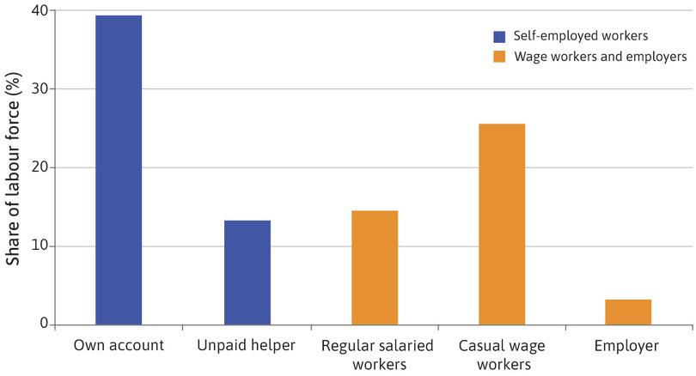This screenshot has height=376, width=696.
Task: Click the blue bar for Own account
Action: click(x=119, y=171)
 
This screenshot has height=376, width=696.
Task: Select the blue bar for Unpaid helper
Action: click(x=247, y=273)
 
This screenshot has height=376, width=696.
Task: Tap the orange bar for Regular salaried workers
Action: click(x=375, y=268)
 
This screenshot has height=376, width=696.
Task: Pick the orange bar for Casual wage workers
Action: click(x=502, y=225)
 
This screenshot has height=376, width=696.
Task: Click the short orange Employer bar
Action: click(x=628, y=312)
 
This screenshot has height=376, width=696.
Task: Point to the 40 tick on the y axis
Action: click(x=38, y=10)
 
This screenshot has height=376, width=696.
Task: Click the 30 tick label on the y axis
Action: click(x=38, y=89)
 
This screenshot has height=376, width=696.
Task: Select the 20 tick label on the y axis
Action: click(x=38, y=167)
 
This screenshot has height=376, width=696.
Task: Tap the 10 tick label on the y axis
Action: click(x=38, y=246)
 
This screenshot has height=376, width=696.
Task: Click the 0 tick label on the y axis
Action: click(x=42, y=324)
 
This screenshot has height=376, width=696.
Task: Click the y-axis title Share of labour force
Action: click(x=14, y=168)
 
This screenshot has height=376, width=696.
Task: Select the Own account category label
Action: click(x=119, y=347)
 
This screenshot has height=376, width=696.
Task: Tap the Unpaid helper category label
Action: click(x=247, y=347)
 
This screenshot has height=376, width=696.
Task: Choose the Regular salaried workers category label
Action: click(x=375, y=355)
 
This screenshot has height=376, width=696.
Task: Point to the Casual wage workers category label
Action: click(x=502, y=355)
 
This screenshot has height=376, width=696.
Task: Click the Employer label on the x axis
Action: click(x=628, y=347)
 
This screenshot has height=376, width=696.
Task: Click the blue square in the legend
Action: click(x=499, y=36)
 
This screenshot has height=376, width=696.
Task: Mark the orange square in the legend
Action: click(x=499, y=57)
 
